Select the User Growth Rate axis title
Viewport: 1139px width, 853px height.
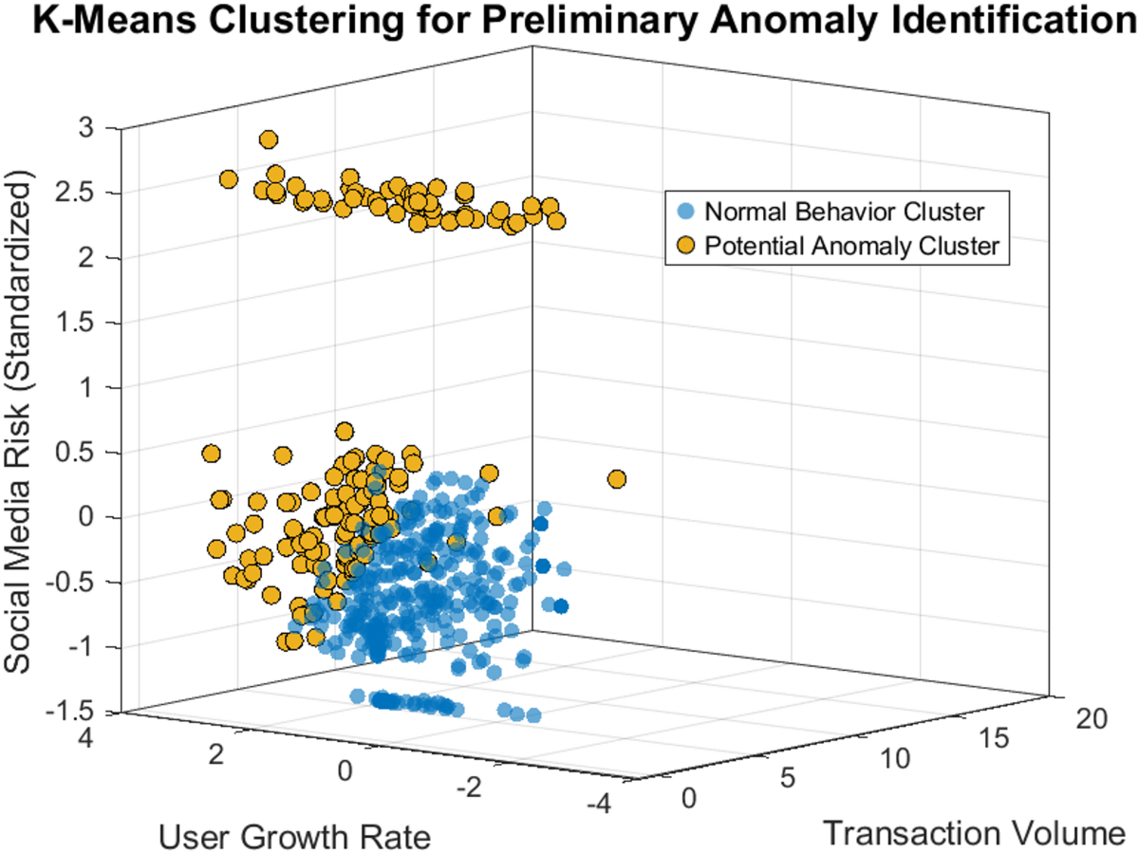pos(293,836)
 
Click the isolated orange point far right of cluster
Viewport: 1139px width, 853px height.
pos(616,479)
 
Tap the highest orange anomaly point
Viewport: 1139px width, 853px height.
pos(269,139)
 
